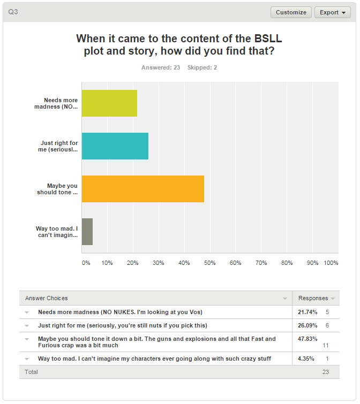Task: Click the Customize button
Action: click(x=291, y=12)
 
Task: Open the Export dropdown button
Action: click(x=332, y=12)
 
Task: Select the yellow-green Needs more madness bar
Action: click(x=109, y=103)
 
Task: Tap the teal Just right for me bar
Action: click(x=115, y=146)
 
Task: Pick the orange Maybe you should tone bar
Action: click(x=142, y=189)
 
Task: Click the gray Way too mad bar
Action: click(x=87, y=232)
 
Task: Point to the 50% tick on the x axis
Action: click(x=209, y=263)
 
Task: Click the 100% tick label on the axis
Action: click(x=331, y=263)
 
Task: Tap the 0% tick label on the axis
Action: click(x=86, y=263)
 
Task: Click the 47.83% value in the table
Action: click(x=307, y=339)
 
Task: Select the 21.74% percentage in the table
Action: click(x=307, y=311)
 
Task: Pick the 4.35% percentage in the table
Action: click(x=306, y=359)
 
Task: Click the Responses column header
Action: click(x=313, y=298)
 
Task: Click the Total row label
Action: click(x=31, y=371)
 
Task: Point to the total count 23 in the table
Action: click(x=326, y=371)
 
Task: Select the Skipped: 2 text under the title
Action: click(x=202, y=67)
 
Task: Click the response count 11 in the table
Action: click(x=326, y=346)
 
